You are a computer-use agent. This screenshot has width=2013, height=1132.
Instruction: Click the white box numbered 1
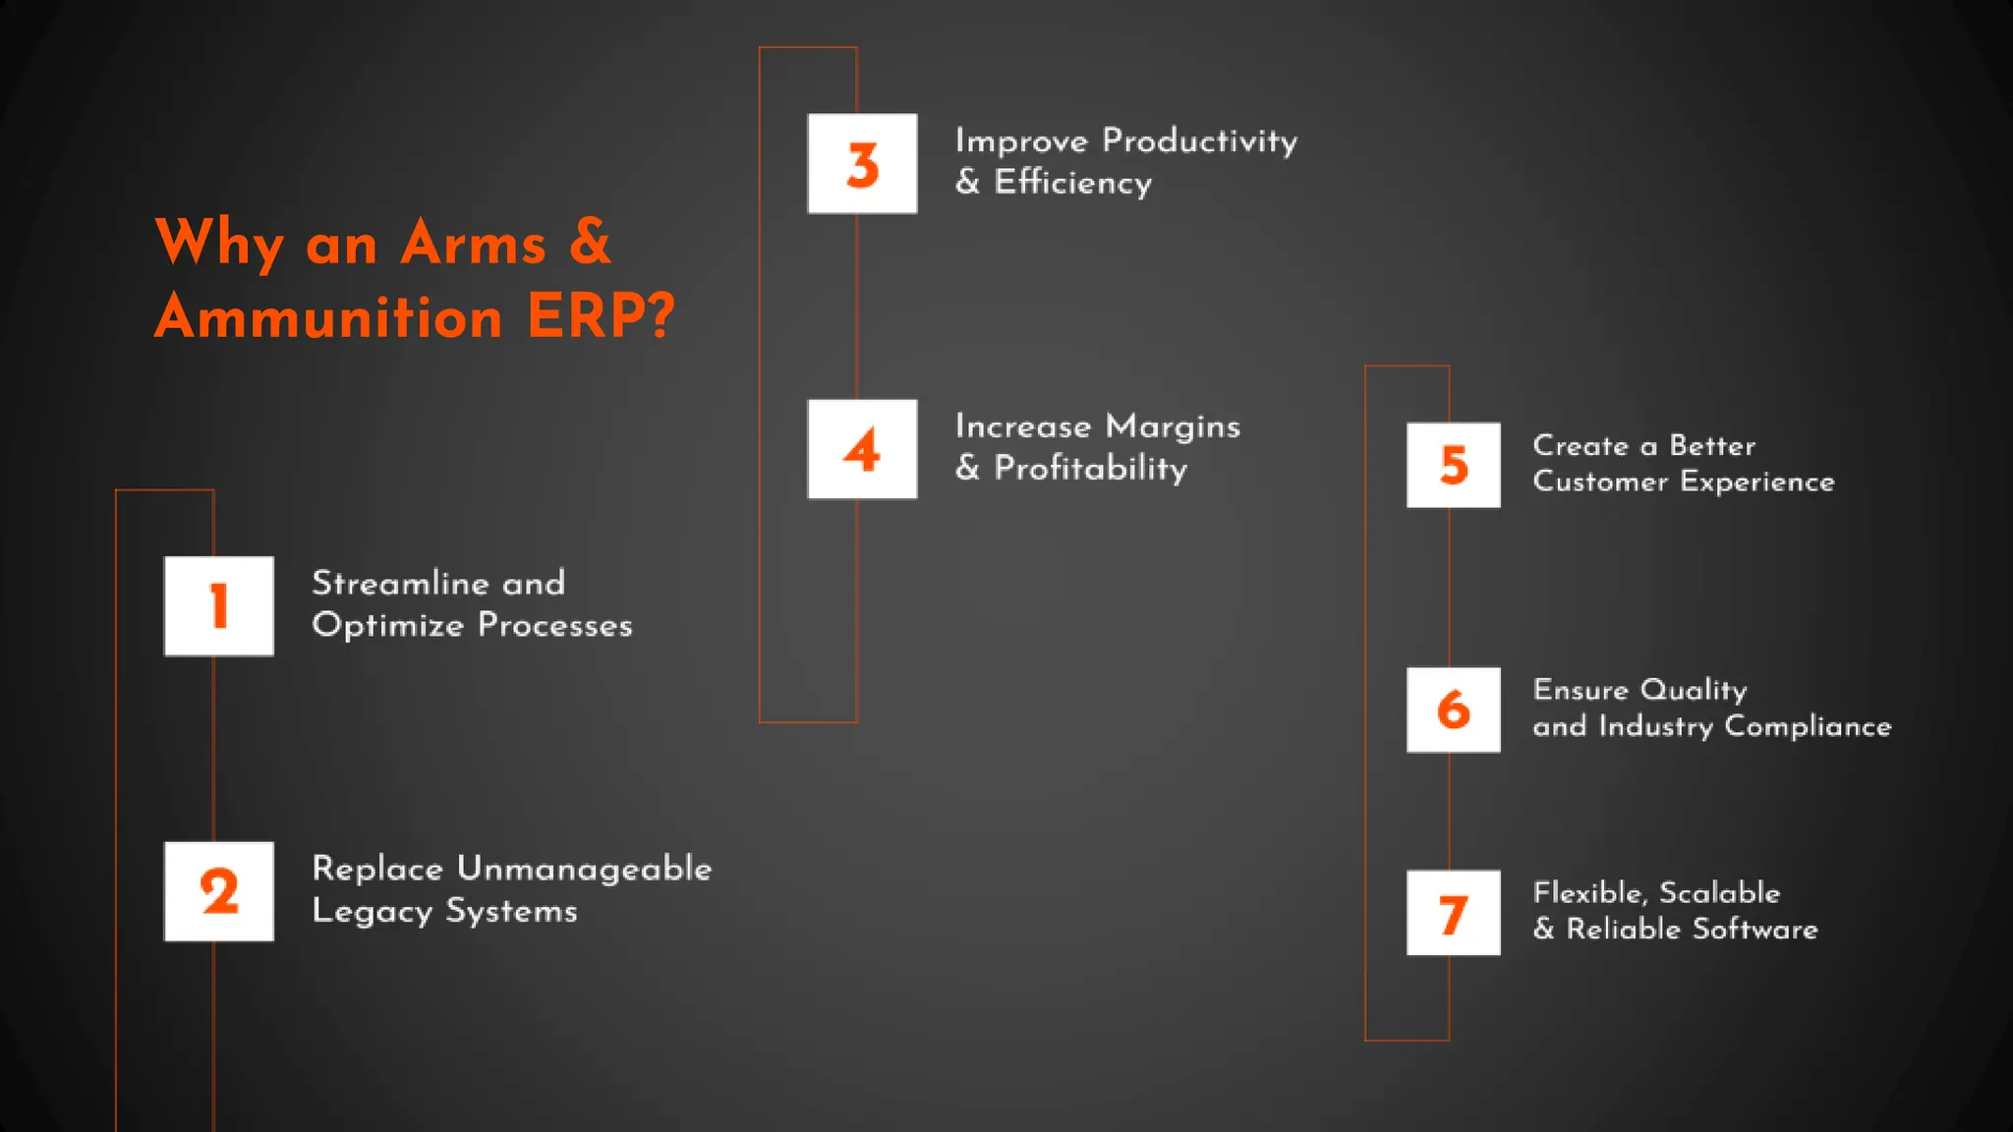[219, 606]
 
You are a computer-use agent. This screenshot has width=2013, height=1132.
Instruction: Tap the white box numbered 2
[219, 891]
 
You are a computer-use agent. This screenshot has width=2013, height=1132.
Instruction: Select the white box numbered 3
[862, 164]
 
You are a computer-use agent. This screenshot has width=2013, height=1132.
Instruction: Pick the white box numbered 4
[862, 449]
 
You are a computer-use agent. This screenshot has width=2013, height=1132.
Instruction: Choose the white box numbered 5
[1453, 465]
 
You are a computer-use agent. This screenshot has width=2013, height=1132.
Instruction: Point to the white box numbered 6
[1453, 709]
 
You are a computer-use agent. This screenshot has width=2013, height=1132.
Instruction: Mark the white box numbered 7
[1453, 913]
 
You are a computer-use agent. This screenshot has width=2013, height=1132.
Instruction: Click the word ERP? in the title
[601, 316]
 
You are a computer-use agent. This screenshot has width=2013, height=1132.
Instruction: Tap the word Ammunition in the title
[329, 316]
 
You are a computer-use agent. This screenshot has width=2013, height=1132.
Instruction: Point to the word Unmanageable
[584, 869]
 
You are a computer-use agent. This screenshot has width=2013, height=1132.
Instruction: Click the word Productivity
[1199, 141]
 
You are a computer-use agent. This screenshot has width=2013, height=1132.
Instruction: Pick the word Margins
[1173, 426]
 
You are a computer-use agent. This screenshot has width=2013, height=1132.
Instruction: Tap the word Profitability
[1090, 469]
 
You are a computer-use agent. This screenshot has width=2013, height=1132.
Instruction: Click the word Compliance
[1808, 726]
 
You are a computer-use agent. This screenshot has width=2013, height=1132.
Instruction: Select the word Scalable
[1719, 892]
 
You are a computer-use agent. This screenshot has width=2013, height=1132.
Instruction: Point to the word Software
[1754, 929]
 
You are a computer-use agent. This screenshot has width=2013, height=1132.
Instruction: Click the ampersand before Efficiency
[967, 182]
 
